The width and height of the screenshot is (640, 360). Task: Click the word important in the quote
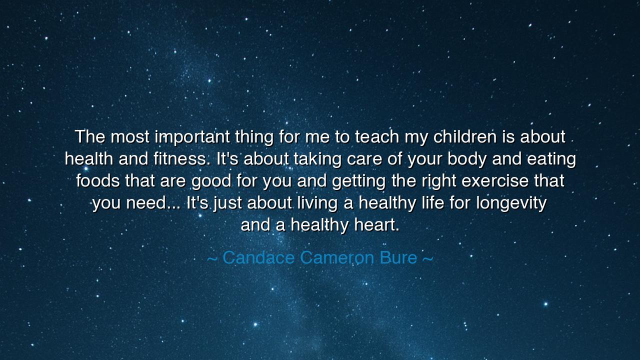(x=192, y=137)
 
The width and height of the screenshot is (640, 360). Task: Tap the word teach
(x=377, y=136)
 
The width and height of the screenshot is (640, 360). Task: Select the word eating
(x=551, y=159)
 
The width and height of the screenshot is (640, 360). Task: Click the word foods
(x=98, y=181)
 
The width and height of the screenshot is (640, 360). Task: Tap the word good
(x=211, y=181)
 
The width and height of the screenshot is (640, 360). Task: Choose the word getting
(x=359, y=181)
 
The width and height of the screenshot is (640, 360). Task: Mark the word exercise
(x=495, y=181)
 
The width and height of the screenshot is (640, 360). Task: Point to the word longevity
(x=511, y=203)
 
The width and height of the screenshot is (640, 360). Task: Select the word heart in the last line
(x=376, y=225)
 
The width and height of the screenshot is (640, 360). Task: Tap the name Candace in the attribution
(x=258, y=257)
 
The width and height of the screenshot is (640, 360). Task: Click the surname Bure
(x=398, y=257)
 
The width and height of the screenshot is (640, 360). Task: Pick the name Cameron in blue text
(x=337, y=257)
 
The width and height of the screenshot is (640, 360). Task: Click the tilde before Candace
(x=212, y=259)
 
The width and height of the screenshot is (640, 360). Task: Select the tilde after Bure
(x=427, y=259)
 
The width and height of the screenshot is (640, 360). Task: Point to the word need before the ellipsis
(x=146, y=203)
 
